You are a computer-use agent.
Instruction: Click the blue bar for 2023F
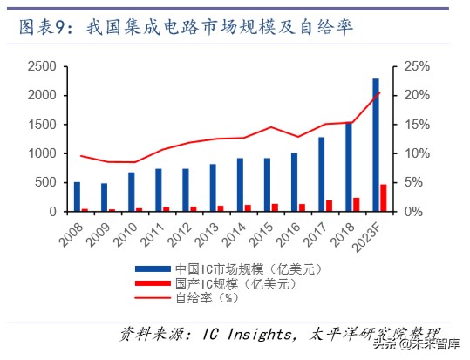(376, 145)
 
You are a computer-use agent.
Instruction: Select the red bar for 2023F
(384, 198)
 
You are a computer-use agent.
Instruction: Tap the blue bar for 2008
(77, 197)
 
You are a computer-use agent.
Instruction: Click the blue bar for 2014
(240, 185)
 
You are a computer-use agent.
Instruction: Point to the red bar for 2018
(357, 205)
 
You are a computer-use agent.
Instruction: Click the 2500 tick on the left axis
(43, 66)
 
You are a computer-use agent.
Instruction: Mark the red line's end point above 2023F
(379, 92)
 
